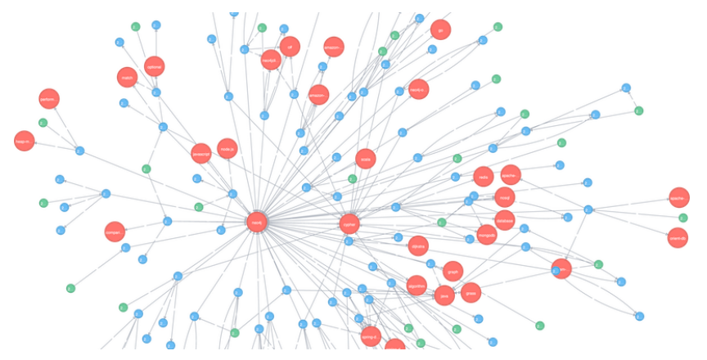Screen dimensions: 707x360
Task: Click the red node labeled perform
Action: coord(48,99)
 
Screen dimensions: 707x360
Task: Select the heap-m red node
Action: coord(23,141)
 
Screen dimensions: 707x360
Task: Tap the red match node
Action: coord(127,78)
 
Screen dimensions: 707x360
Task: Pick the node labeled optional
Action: coord(154,66)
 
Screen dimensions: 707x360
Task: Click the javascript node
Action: coord(201,153)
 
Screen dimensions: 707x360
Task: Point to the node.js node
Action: coord(227,148)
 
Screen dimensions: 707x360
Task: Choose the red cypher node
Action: coord(350,223)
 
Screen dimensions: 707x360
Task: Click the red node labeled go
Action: coord(440,29)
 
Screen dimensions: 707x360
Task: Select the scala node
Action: coord(366,159)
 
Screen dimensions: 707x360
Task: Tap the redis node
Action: coord(484,176)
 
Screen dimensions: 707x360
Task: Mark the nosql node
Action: coord(504,196)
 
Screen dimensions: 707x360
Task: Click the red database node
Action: coord(504,219)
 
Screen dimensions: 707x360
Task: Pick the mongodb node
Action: coord(487,235)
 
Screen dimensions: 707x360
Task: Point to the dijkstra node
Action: coord(418,245)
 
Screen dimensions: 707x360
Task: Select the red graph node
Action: coord(453,271)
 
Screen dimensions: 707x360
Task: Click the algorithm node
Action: coord(417,286)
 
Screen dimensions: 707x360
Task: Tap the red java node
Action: coord(445,295)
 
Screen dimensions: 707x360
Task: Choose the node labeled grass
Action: coord(471,292)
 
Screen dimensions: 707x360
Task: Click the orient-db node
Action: coord(678,238)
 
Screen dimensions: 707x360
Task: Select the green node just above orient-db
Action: coord(683,218)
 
